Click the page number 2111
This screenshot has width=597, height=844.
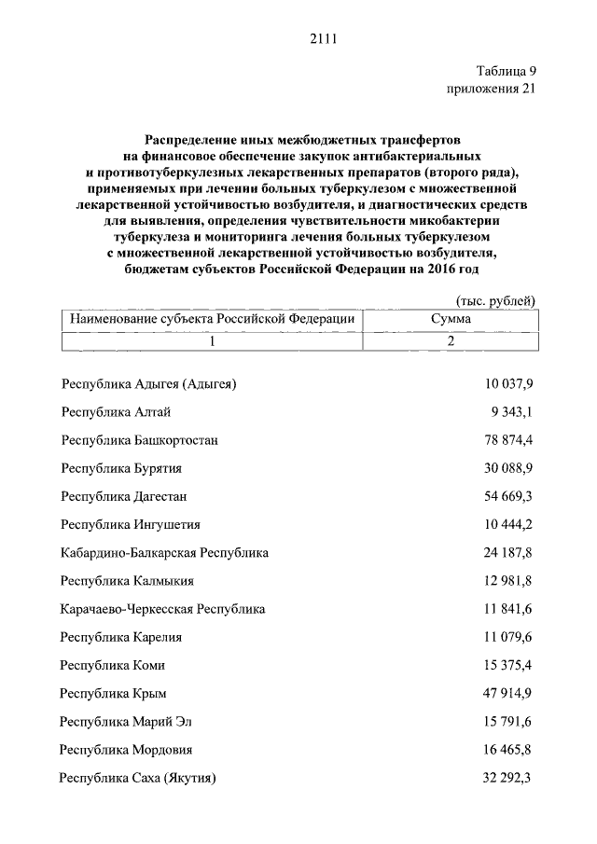(321, 38)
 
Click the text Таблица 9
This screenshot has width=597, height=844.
(506, 72)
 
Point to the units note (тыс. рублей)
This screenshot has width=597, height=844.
(495, 300)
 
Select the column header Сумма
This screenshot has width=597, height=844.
(451, 319)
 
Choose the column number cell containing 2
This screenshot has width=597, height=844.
(451, 341)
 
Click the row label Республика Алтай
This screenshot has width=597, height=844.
(115, 411)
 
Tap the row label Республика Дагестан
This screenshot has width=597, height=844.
(125, 496)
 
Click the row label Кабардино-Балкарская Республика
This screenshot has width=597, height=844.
(164, 553)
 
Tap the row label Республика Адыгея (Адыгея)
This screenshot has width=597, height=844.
(149, 383)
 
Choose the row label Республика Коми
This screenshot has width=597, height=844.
(113, 666)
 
